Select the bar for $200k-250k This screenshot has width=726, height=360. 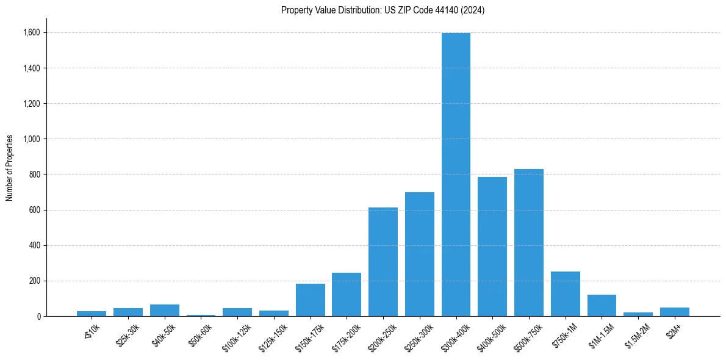(x=383, y=262)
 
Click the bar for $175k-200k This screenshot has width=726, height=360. (x=347, y=294)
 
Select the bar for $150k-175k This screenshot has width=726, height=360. (x=310, y=300)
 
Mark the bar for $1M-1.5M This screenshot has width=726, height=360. (x=602, y=305)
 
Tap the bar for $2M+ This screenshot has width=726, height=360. (x=674, y=312)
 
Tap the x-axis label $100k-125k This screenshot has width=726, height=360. (x=234, y=334)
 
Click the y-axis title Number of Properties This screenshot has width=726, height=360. (x=10, y=168)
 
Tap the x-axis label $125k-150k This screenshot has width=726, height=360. (x=271, y=334)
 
